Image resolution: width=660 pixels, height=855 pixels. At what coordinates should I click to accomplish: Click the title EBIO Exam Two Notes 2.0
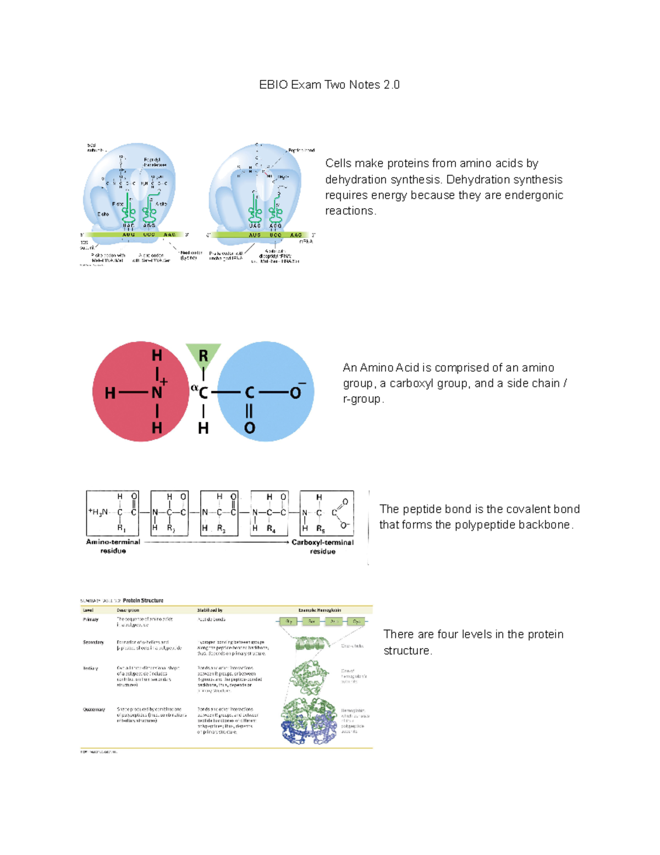click(329, 85)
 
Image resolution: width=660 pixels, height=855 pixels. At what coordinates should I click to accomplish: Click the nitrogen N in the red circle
click(157, 393)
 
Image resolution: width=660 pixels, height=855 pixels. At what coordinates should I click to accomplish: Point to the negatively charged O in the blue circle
click(295, 393)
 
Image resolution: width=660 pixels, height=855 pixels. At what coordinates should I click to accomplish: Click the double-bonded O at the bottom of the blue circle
click(249, 428)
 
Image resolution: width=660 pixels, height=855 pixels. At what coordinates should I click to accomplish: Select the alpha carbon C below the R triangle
click(203, 393)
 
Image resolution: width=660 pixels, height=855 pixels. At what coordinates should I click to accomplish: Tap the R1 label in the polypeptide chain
click(121, 528)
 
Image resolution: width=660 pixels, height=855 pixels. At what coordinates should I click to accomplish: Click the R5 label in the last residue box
click(320, 529)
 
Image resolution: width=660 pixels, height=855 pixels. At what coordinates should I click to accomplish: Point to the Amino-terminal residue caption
click(113, 546)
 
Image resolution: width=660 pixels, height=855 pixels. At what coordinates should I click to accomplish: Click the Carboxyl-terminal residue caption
click(322, 547)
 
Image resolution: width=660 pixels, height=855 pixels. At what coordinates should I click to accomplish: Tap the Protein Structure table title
click(142, 601)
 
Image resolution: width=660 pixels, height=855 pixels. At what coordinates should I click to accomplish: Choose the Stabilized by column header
click(210, 610)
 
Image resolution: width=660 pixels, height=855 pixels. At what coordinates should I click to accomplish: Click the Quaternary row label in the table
click(94, 710)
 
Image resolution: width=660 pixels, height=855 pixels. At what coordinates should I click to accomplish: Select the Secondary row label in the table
click(93, 642)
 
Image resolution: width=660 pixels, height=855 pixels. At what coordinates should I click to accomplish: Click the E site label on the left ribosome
click(103, 214)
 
